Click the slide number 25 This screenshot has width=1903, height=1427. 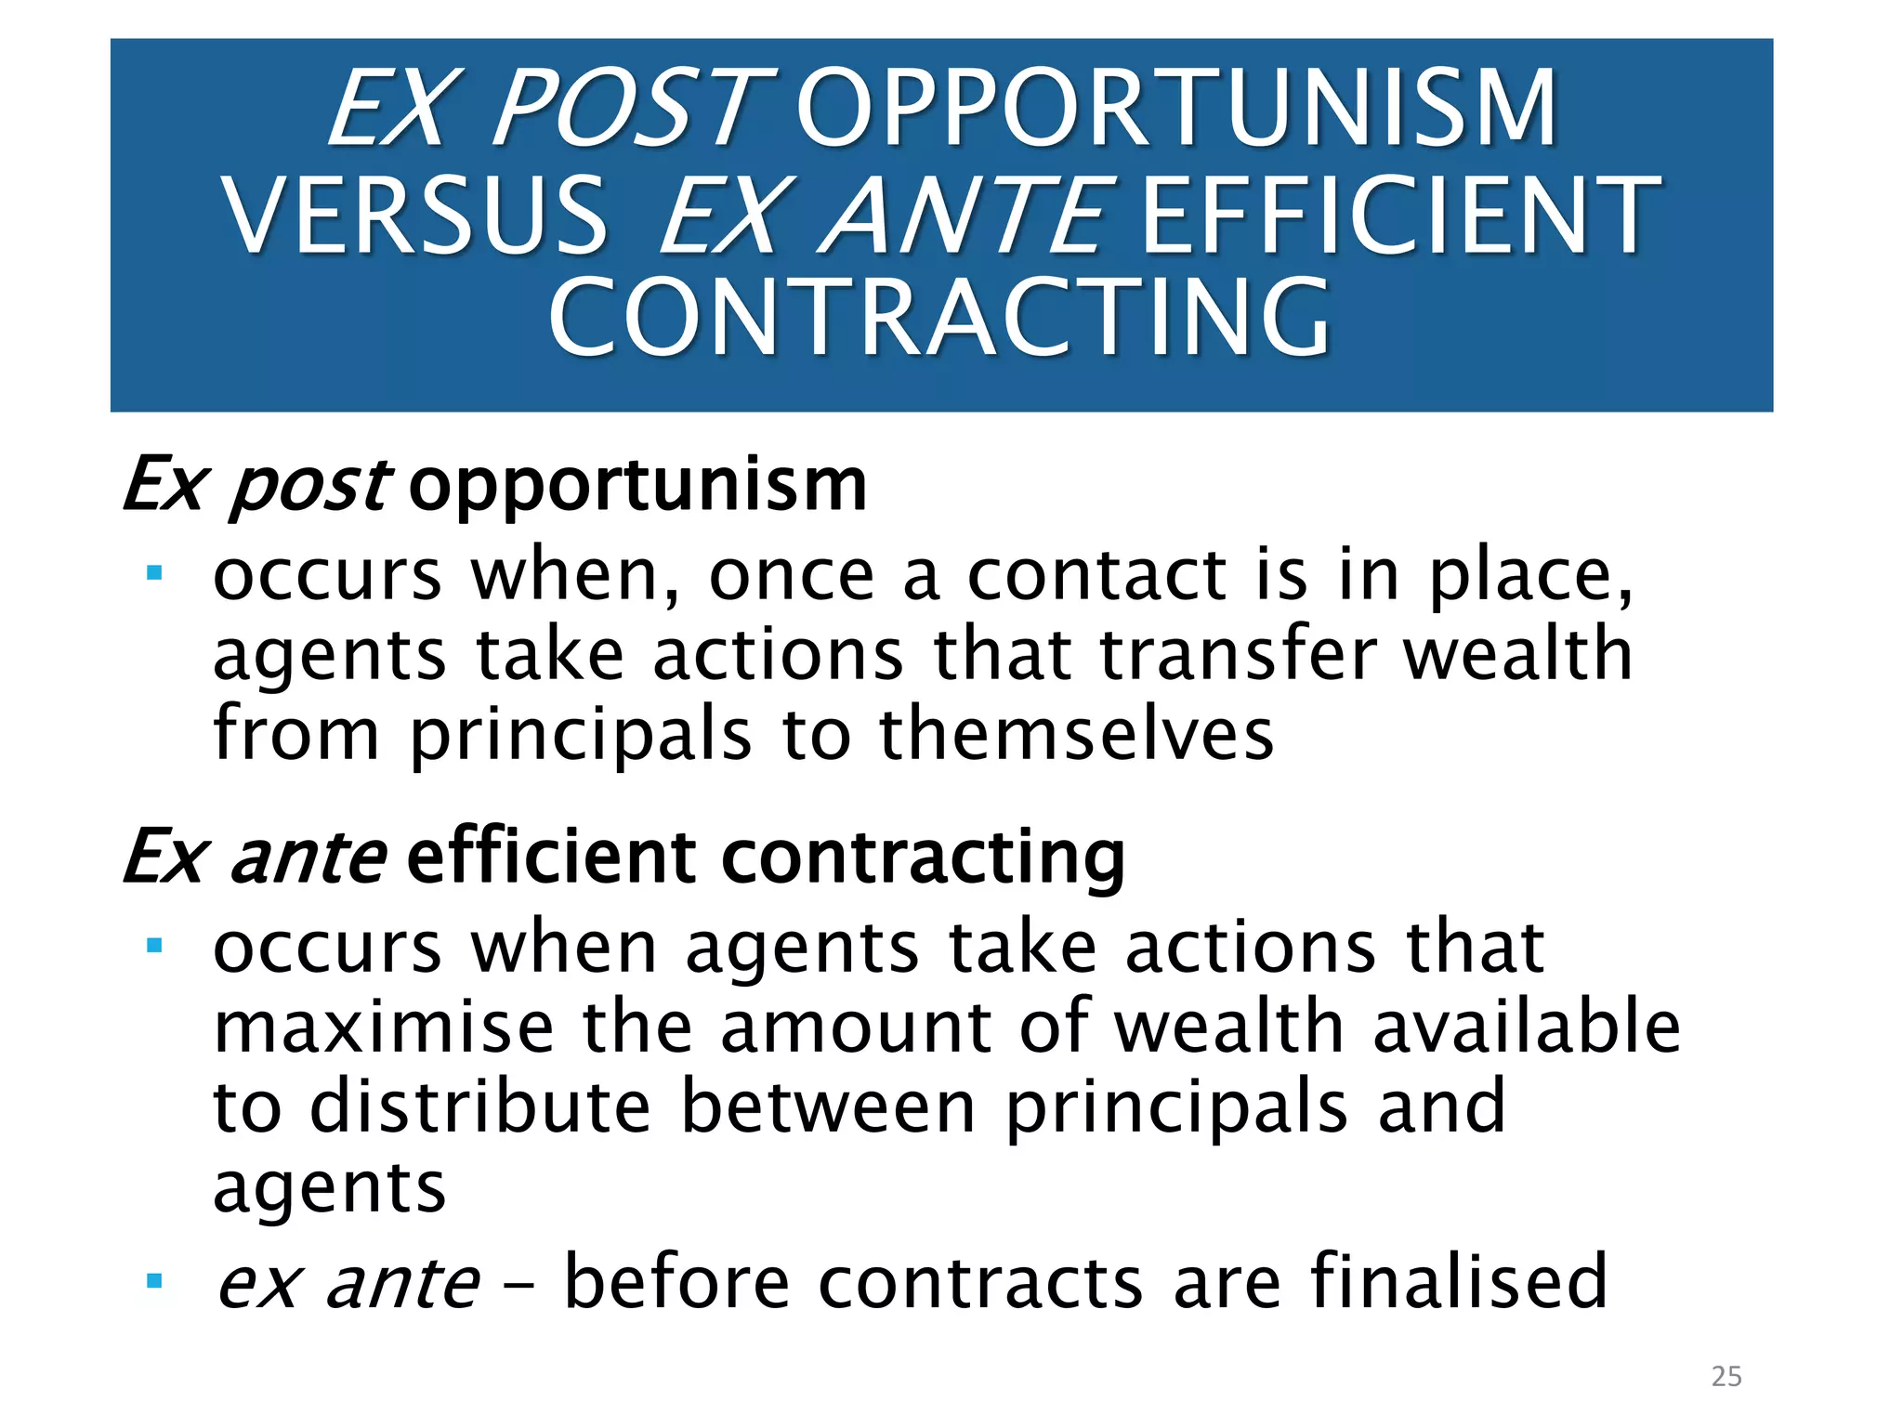(1726, 1376)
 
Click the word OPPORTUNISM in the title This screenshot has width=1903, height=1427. (1176, 109)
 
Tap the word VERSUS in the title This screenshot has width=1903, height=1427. (415, 216)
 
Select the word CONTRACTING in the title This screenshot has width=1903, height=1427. (939, 318)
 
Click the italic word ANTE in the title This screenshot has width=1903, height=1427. (966, 216)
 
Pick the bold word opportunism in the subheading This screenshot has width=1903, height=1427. (637, 486)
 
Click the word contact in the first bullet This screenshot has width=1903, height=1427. (1096, 575)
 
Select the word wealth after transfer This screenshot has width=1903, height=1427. (1517, 654)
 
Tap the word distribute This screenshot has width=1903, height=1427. (479, 1107)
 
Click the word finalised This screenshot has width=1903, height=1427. (1458, 1282)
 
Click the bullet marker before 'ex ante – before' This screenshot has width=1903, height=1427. (154, 1282)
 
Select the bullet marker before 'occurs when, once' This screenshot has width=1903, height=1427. (154, 573)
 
